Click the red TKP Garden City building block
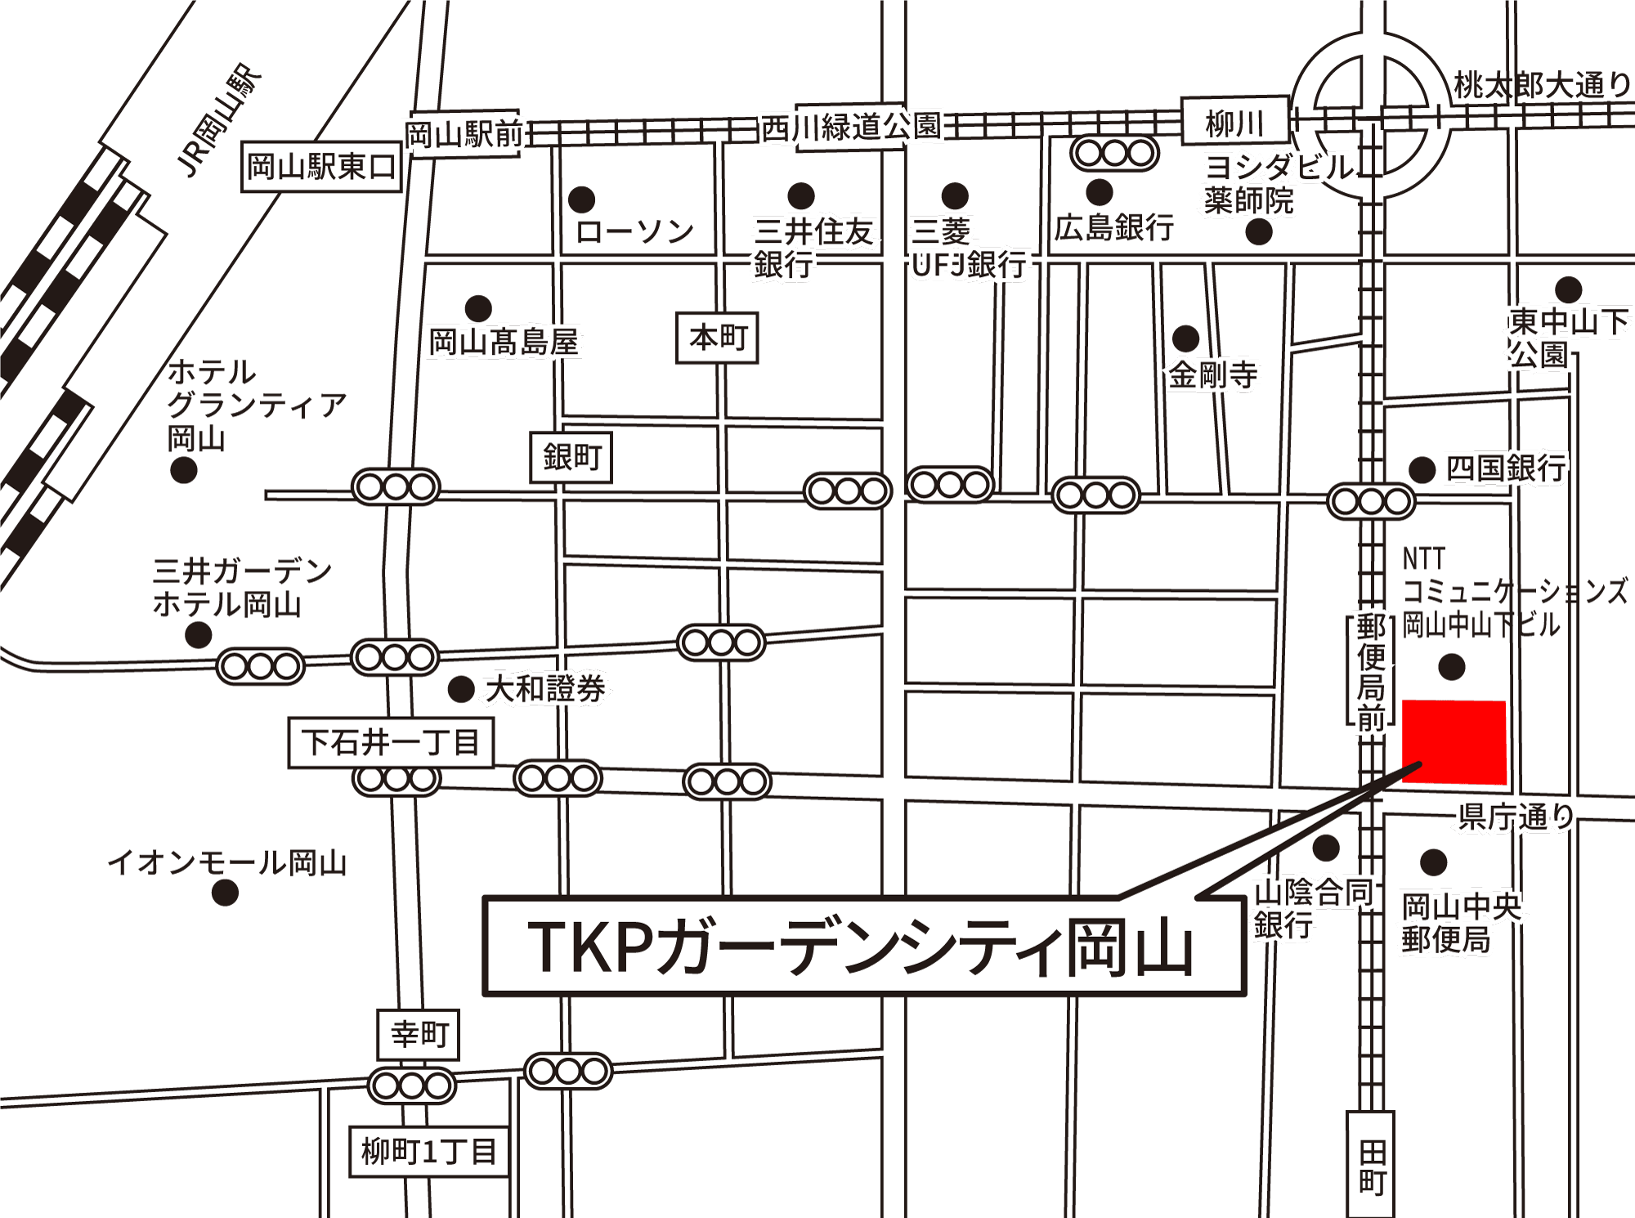click(1454, 741)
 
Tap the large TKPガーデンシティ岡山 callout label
click(863, 946)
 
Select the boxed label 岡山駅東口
click(321, 167)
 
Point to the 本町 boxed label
click(717, 337)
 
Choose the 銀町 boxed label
click(571, 456)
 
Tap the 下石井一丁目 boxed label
click(391, 742)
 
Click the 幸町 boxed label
click(418, 1034)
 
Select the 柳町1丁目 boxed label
click(428, 1151)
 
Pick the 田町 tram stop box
click(1371, 1166)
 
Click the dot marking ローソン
click(581, 199)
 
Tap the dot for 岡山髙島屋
click(478, 308)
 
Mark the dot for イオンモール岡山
click(225, 893)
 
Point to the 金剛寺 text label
click(1212, 375)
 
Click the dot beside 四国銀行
click(1422, 469)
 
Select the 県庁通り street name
click(1516, 816)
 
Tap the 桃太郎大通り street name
click(1542, 85)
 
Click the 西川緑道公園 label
click(850, 127)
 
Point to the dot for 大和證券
click(461, 689)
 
